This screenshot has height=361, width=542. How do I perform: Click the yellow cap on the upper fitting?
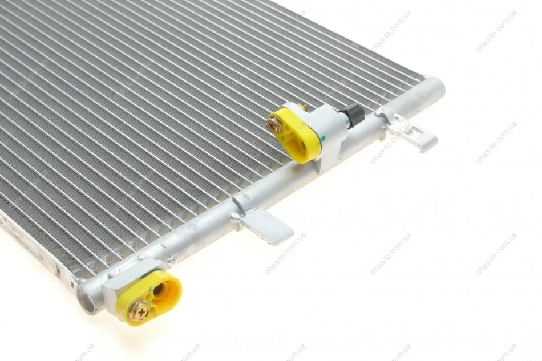tap(294, 133)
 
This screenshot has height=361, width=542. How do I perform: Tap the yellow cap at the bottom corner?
tap(149, 297)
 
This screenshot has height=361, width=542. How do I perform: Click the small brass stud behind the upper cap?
tap(305, 108)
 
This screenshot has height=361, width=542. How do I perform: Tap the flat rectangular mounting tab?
tap(266, 225)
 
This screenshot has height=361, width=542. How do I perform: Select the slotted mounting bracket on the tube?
tap(411, 133)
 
